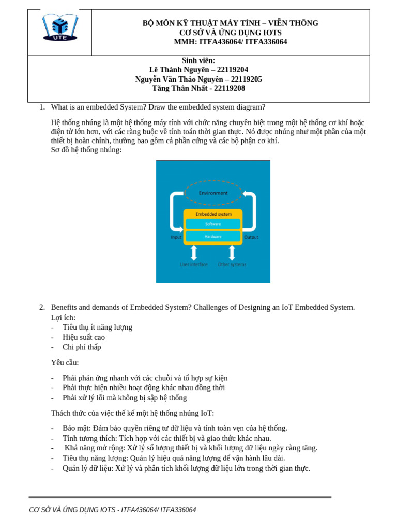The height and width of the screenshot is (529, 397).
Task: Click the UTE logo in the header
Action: click(x=60, y=27)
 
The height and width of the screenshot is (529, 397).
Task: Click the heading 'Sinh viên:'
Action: click(x=198, y=61)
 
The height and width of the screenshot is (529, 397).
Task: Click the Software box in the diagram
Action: click(x=213, y=224)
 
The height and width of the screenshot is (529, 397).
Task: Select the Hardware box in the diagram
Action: click(x=213, y=236)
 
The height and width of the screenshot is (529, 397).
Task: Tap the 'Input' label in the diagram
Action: click(x=176, y=237)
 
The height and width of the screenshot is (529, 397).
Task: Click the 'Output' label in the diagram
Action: click(x=251, y=237)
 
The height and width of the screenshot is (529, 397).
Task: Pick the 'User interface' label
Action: click(x=194, y=264)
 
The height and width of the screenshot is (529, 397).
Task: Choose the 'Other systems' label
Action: click(x=232, y=264)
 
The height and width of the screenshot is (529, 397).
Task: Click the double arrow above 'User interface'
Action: click(x=194, y=253)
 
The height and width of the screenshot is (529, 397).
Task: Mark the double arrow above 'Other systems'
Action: click(x=232, y=253)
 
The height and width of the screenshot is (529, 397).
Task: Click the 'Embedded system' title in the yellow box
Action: click(x=213, y=214)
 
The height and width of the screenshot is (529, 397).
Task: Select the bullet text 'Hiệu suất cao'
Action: click(x=84, y=337)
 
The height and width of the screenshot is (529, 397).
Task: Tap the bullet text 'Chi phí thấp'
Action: click(x=82, y=347)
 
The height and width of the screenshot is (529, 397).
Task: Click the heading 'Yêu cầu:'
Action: click(x=65, y=363)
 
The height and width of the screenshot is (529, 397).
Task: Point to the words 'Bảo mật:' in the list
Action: click(x=77, y=428)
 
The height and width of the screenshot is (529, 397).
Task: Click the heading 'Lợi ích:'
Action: click(x=63, y=318)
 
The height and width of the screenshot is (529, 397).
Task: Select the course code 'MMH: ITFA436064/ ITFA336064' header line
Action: click(x=231, y=42)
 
